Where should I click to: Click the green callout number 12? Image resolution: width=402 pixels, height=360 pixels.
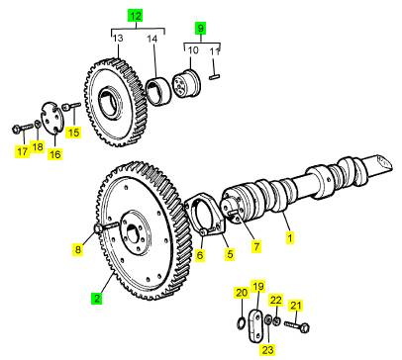pyautogui.click(x=136, y=16)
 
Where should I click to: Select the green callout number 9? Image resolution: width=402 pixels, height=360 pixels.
pyautogui.click(x=200, y=28)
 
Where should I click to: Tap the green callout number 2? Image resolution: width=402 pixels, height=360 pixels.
pyautogui.click(x=97, y=299)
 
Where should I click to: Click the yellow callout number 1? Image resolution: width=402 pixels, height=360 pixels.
pyautogui.click(x=290, y=237)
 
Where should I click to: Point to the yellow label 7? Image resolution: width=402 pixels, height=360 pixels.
pyautogui.click(x=256, y=246)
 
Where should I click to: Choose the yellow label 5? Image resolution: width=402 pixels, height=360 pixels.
pyautogui.click(x=230, y=254)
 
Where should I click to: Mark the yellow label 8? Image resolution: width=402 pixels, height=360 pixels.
pyautogui.click(x=78, y=249)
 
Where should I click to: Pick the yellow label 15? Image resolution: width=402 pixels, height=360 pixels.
pyautogui.click(x=73, y=133)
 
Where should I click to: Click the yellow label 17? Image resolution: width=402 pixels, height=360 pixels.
pyautogui.click(x=22, y=151)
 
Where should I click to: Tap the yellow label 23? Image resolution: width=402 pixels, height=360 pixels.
pyautogui.click(x=267, y=349)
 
